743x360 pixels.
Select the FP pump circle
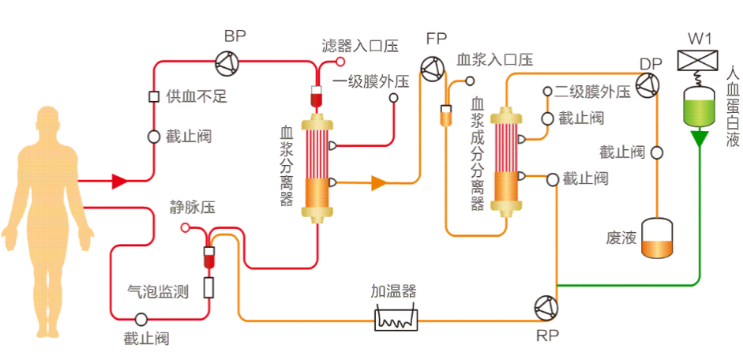(x=432, y=70)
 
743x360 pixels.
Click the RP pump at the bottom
(x=546, y=308)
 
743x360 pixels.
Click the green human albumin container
(x=698, y=107)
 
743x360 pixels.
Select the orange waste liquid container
(x=658, y=239)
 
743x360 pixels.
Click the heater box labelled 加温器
(x=396, y=318)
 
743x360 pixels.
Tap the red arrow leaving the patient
(x=119, y=182)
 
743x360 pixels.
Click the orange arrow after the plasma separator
(x=378, y=183)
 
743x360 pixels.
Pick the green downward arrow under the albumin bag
(x=699, y=141)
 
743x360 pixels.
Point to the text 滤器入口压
(x=359, y=46)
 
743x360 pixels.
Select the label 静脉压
(x=193, y=208)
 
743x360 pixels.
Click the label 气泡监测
(x=158, y=291)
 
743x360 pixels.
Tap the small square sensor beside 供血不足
(x=155, y=97)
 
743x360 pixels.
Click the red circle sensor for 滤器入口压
(x=341, y=61)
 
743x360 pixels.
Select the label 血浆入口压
(x=495, y=60)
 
